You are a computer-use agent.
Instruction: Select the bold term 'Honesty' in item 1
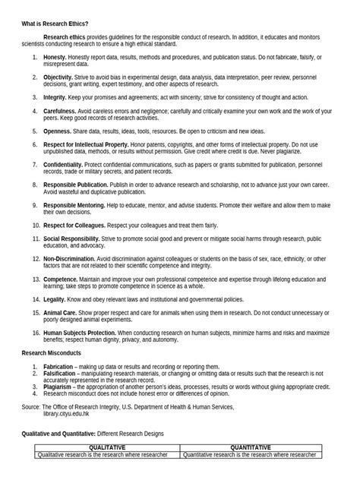pos(55,58)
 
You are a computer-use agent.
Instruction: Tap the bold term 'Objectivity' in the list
pos(58,77)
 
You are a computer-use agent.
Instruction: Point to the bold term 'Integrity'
pos(55,97)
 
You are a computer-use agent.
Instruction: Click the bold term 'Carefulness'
pos(59,110)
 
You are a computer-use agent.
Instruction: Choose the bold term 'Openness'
pos(56,131)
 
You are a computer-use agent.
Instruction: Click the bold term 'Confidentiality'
pos(63,164)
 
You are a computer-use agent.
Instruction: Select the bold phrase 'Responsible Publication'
pos(76,184)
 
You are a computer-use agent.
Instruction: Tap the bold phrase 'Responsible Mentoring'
pos(74,204)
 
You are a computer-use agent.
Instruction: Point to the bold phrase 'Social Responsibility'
pos(72,238)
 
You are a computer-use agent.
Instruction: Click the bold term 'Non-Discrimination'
pos(69,258)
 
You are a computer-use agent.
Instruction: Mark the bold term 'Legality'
pos(55,299)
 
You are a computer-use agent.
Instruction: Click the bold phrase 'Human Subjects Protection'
pos(80,333)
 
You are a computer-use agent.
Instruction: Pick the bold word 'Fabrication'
pos(58,366)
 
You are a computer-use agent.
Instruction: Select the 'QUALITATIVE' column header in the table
pos(107,448)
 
